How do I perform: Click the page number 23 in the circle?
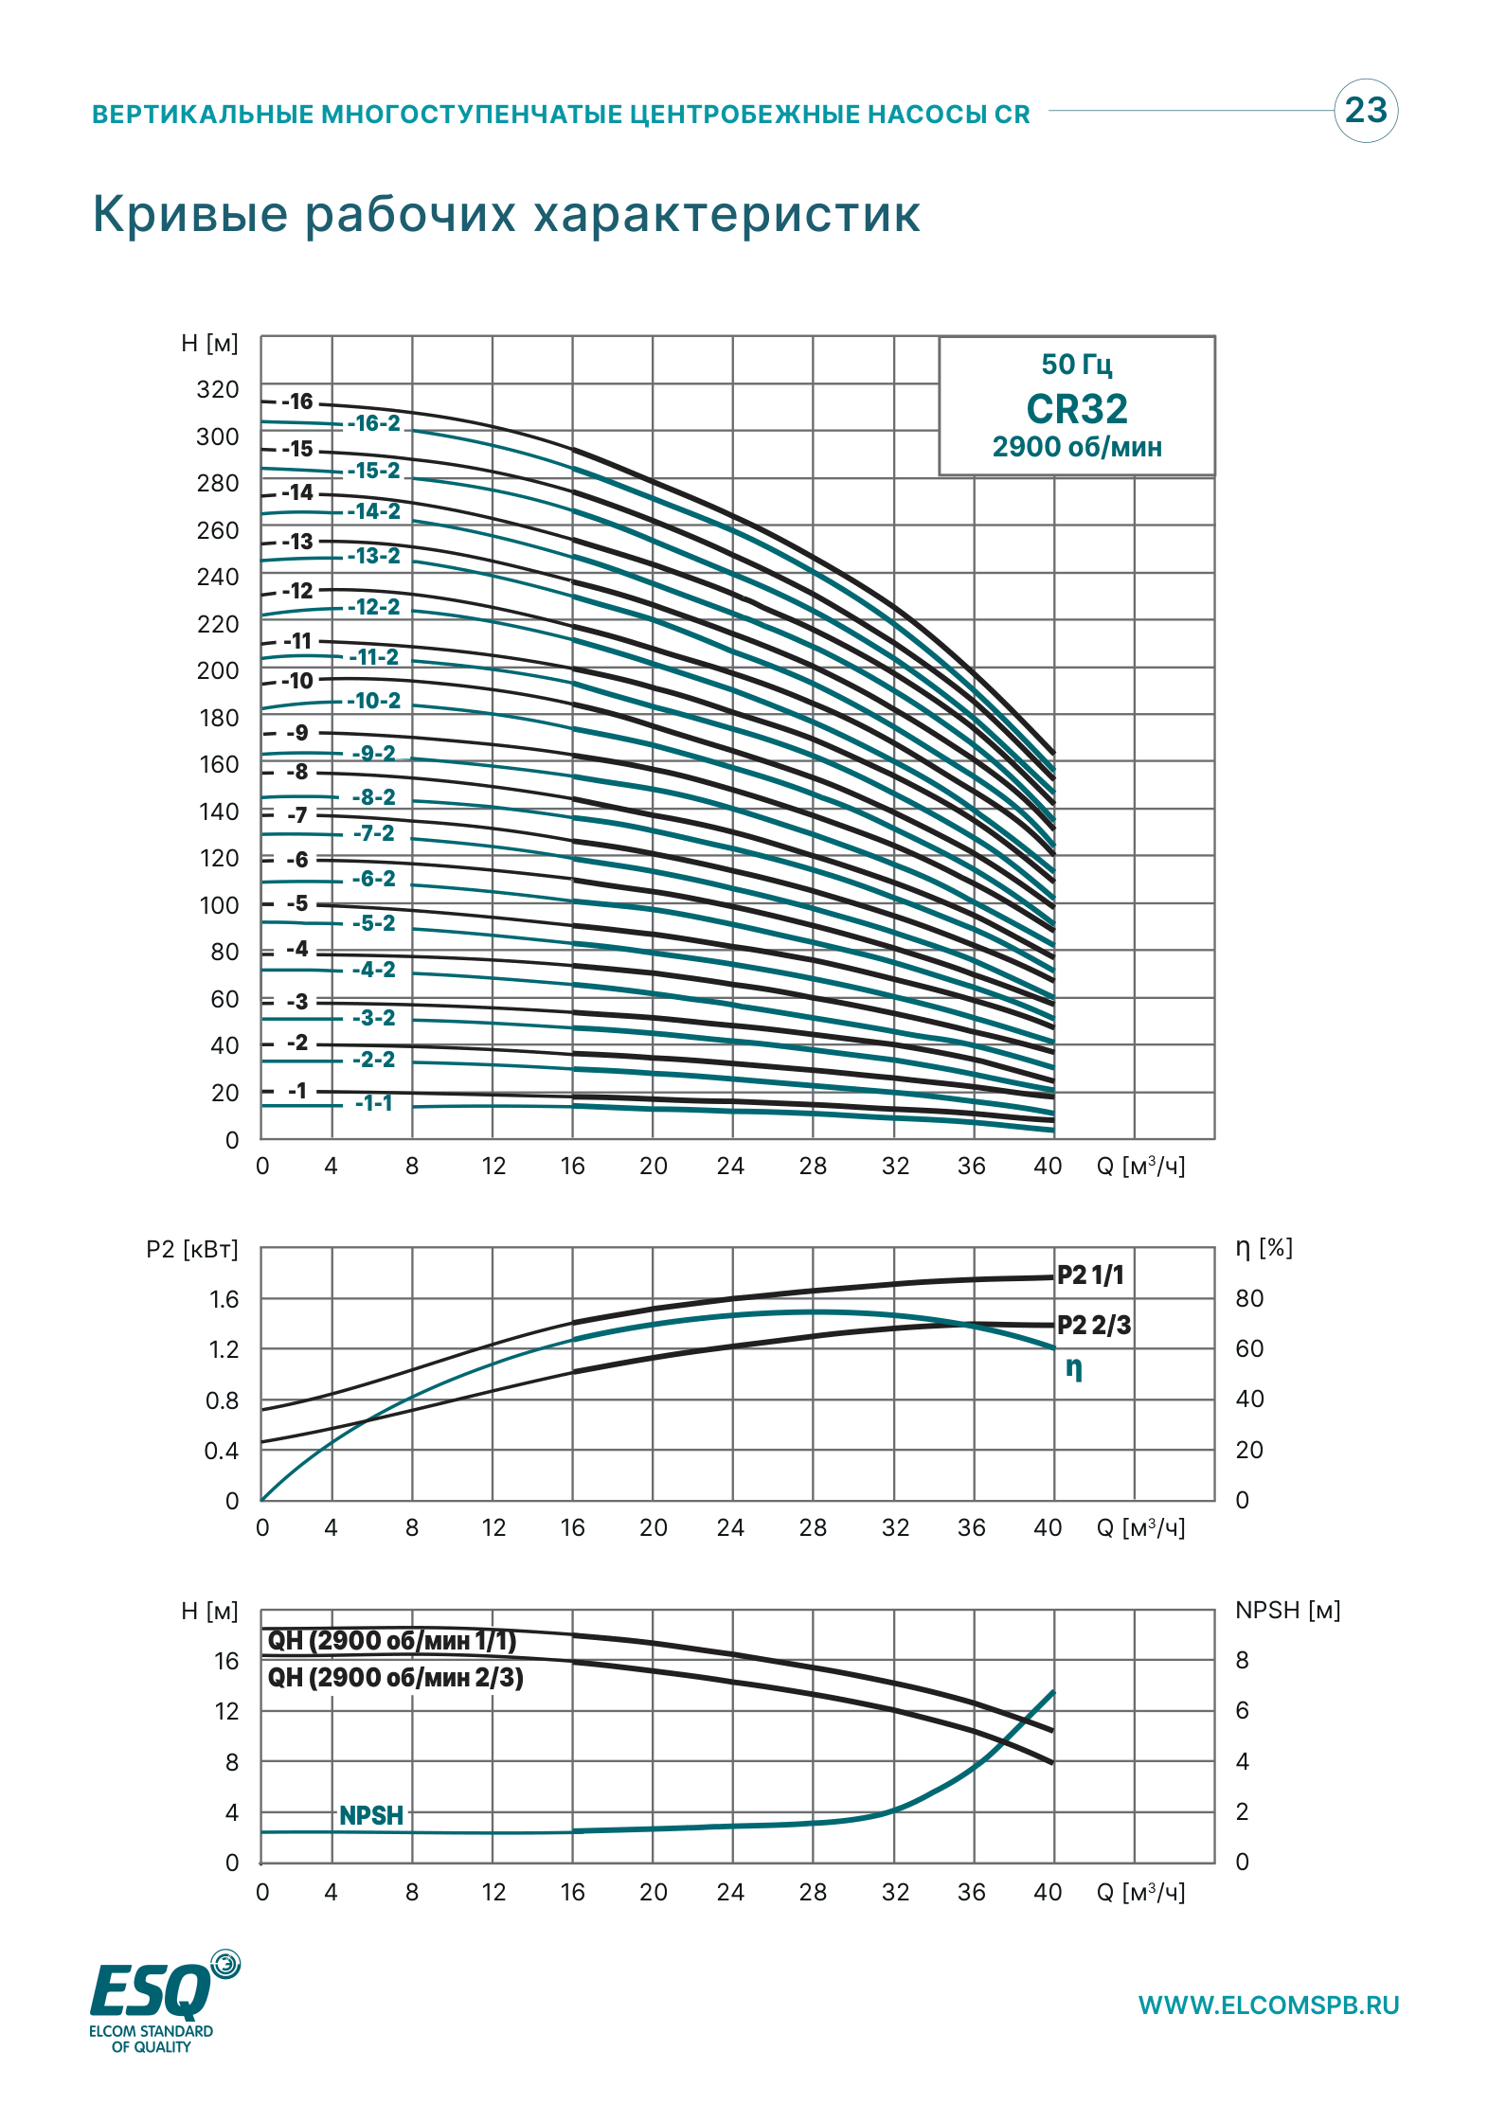click(x=1365, y=110)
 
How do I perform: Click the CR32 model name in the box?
click(x=1077, y=409)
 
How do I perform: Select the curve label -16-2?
click(x=373, y=423)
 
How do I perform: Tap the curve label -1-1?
click(x=373, y=1103)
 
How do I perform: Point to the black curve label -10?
click(x=297, y=681)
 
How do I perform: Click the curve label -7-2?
click(x=373, y=833)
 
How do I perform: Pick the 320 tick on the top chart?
click(x=218, y=389)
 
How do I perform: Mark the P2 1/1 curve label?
click(x=1091, y=1275)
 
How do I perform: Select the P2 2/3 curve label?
click(x=1094, y=1325)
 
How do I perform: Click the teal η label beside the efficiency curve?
click(x=1074, y=1368)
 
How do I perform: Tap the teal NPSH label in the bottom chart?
click(x=371, y=1815)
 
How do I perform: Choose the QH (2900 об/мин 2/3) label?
click(x=396, y=1677)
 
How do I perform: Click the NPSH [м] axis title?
click(x=1288, y=1610)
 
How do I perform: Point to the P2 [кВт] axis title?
click(x=192, y=1249)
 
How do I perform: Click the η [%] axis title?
click(x=1264, y=1248)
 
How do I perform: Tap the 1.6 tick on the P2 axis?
click(x=224, y=1299)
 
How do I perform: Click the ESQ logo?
click(x=165, y=2000)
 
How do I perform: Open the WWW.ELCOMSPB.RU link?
click(x=1269, y=2006)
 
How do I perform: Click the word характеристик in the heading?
click(x=726, y=214)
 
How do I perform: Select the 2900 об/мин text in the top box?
click(x=1077, y=447)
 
